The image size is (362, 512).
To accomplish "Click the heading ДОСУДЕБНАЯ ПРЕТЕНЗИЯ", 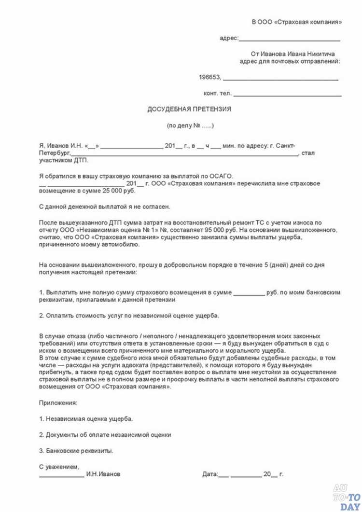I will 189,109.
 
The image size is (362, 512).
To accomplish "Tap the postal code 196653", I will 209,77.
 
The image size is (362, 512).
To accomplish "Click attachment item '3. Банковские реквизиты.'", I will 76,451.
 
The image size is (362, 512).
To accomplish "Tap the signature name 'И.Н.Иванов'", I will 103,474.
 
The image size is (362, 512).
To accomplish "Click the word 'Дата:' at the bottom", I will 210,474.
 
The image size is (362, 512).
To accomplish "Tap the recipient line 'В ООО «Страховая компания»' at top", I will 297,22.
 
